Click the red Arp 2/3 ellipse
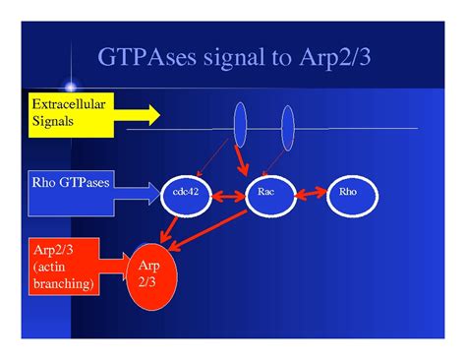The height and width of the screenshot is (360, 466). point(151,277)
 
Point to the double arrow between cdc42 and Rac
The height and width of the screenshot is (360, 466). point(229,197)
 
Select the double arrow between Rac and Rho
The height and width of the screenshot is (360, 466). point(312,194)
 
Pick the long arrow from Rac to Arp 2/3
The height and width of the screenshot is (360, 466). point(208,231)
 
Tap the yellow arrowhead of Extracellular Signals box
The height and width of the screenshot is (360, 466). point(154,115)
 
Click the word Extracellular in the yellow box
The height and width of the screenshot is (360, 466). point(69,104)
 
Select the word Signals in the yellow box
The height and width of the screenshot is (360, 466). point(52,121)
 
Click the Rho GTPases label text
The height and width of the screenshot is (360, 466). point(71,182)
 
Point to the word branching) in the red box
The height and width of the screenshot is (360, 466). point(64,283)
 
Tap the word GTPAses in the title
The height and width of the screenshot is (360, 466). point(146,57)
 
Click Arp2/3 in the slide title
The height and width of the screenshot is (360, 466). point(335,57)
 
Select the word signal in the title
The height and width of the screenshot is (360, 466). point(234,57)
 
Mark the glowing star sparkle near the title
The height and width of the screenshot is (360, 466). point(71,87)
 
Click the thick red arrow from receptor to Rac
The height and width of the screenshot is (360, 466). point(242,160)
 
